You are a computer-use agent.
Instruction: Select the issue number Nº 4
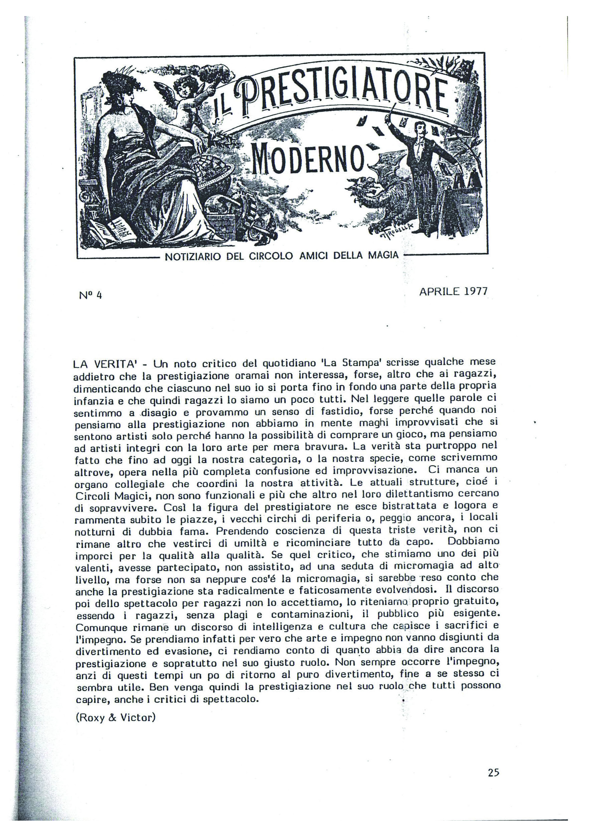pos(90,295)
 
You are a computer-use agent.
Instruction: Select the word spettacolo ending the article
pos(233,699)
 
